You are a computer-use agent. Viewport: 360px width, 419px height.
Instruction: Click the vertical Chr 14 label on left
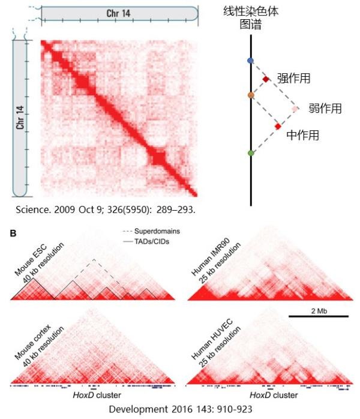pos(20,118)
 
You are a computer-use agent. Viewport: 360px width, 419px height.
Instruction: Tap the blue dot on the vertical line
pos(251,61)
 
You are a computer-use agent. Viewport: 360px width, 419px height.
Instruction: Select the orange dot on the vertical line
pos(251,95)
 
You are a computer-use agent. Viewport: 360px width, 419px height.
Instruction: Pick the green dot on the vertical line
pos(251,154)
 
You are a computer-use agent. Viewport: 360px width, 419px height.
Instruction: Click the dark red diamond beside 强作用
pos(266,79)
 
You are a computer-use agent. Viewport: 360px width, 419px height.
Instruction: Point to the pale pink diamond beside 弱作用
pos(295,109)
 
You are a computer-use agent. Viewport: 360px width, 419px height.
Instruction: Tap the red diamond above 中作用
pos(277,126)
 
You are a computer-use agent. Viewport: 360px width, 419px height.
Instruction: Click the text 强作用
pos(294,79)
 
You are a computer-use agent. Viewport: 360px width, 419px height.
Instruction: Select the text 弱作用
pos(325,109)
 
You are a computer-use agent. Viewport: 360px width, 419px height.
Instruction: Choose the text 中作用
pos(302,135)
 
